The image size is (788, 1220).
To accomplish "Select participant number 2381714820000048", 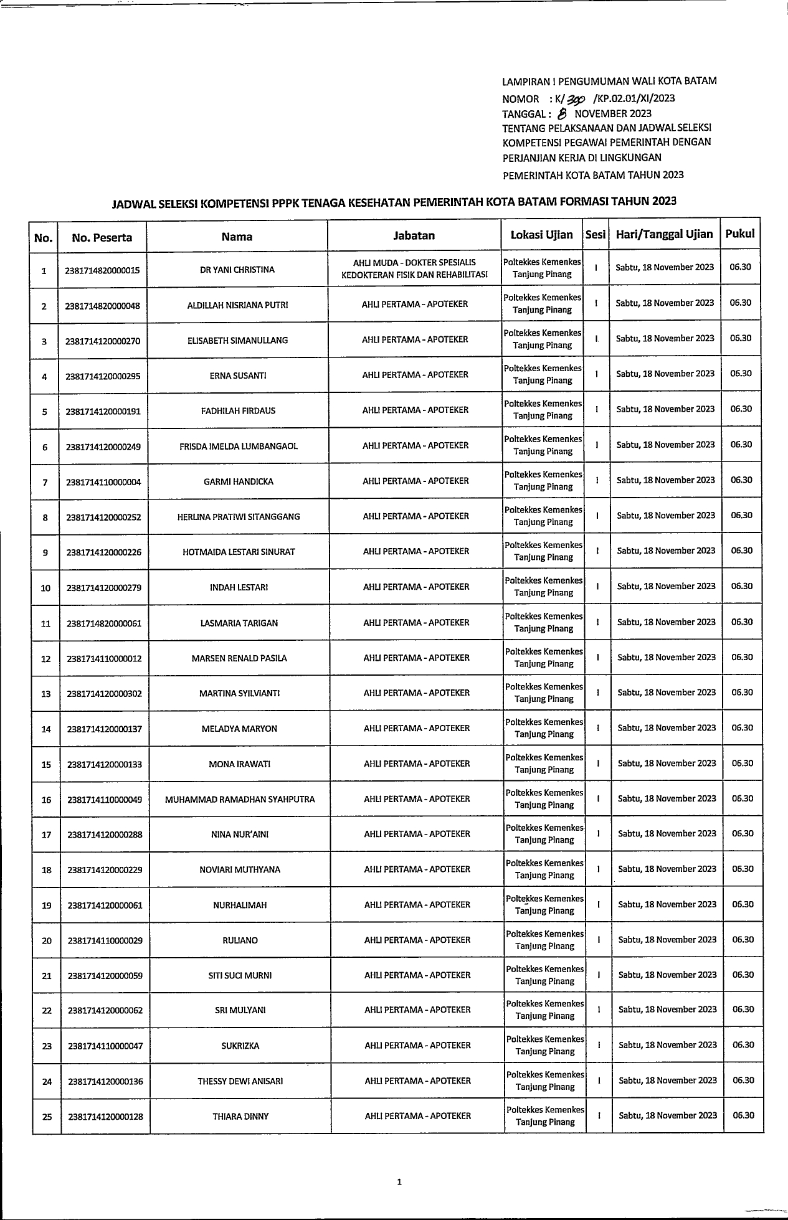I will (x=102, y=306).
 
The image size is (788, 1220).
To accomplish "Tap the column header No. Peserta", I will (x=102, y=237).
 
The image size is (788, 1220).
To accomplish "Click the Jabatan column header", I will (x=414, y=235).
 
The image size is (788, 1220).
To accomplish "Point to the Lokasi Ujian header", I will (x=541, y=235).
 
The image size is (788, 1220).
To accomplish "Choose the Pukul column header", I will (x=739, y=234).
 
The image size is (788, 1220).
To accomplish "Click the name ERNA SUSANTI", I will (x=238, y=376).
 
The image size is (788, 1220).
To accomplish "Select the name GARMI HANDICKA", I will (x=239, y=481).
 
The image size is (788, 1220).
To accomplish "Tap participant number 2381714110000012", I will (x=104, y=658).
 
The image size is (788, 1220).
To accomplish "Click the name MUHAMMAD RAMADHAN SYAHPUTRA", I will (x=240, y=799).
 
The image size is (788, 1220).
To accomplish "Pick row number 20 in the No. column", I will (x=47, y=940).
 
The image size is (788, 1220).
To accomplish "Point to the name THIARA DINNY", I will (x=240, y=1117).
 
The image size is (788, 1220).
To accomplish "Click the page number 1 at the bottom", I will (x=399, y=1181).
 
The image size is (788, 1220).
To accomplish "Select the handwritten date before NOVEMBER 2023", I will (x=563, y=113).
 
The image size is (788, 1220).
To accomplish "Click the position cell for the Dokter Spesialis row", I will (x=414, y=268).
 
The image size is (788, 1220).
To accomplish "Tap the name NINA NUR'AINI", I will (x=240, y=835).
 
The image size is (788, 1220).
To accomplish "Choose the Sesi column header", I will (x=596, y=235).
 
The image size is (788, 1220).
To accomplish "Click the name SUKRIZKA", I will (x=240, y=1046).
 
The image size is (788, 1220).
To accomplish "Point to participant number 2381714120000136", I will (x=105, y=1082).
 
